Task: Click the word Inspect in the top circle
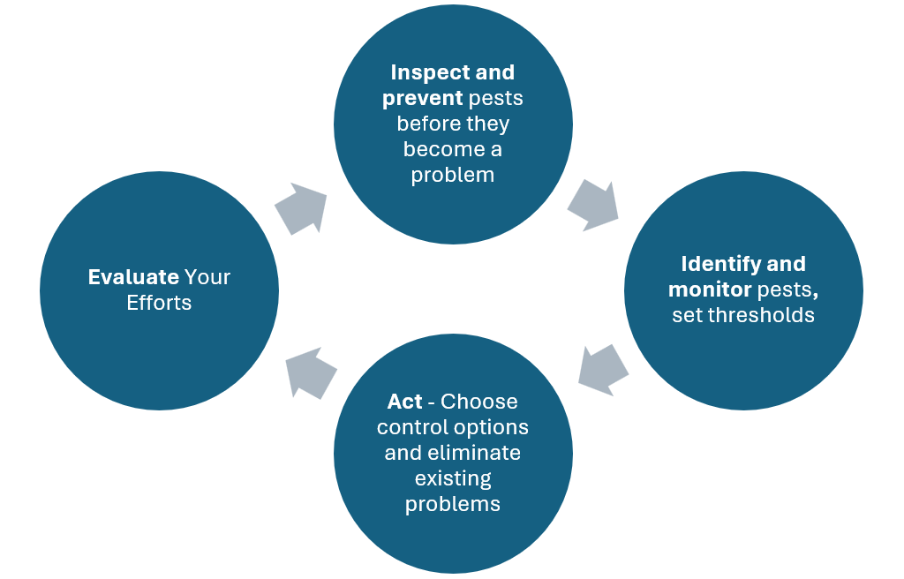click(421, 72)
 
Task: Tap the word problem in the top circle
click(452, 175)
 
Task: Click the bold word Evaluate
click(133, 277)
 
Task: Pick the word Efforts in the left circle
click(159, 303)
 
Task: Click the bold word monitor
click(710, 289)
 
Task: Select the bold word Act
click(404, 402)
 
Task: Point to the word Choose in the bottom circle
click(479, 402)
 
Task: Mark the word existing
click(452, 479)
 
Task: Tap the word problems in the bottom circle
click(452, 504)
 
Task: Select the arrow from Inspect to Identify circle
click(591, 205)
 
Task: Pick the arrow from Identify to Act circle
click(603, 369)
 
